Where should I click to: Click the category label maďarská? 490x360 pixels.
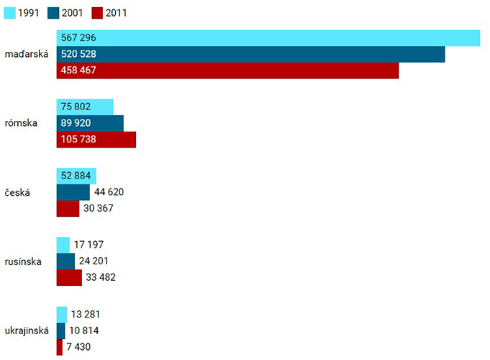coord(26,54)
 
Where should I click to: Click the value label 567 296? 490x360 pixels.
coord(79,38)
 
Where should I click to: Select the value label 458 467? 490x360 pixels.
coord(79,71)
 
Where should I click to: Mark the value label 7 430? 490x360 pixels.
coord(80,347)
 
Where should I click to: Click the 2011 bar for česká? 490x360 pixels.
coord(68,208)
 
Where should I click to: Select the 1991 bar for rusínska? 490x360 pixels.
coord(63,245)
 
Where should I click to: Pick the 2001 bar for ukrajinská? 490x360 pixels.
coord(60,330)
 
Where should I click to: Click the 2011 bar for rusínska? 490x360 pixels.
coord(70,277)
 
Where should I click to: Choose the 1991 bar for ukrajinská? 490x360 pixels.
coord(61,314)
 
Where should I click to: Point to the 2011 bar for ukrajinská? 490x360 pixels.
coord(59,347)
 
